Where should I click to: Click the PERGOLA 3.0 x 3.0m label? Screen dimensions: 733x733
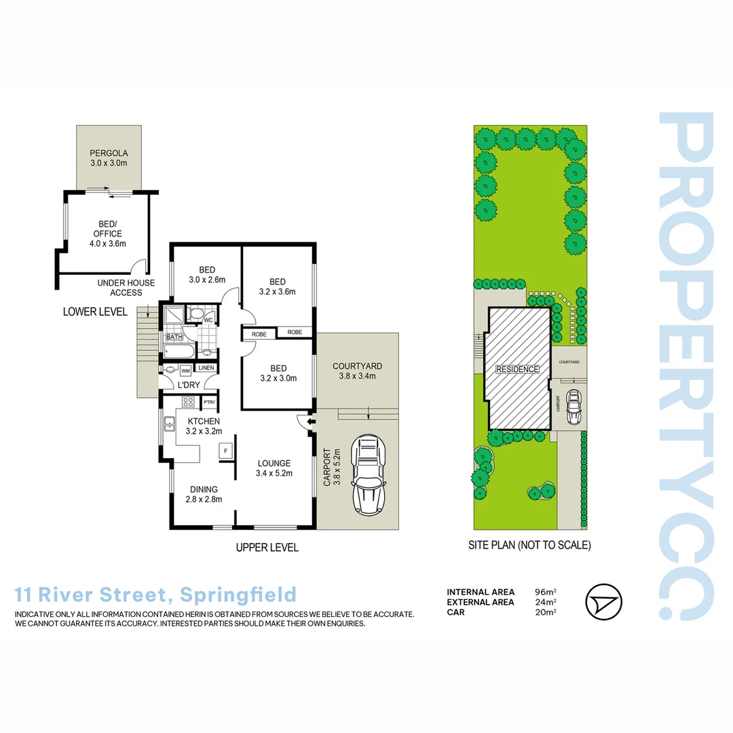(109, 158)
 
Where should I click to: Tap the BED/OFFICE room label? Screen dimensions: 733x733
(108, 233)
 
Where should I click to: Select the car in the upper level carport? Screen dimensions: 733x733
(369, 475)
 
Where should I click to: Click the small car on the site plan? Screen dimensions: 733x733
(574, 407)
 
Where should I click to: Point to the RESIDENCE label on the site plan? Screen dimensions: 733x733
(517, 369)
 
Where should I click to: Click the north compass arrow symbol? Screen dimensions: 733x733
(603, 601)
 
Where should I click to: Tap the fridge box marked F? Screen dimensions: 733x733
(226, 451)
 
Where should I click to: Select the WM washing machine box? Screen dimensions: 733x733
(185, 371)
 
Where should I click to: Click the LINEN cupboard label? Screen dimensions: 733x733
(206, 368)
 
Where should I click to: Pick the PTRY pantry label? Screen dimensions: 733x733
(210, 402)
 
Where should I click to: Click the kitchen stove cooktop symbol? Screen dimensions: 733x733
(189, 402)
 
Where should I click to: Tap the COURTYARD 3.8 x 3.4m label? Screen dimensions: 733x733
(358, 371)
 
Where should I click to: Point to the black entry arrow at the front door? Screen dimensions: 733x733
(311, 422)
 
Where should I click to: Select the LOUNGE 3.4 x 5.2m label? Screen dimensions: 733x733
(274, 468)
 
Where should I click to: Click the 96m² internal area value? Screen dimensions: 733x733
(546, 592)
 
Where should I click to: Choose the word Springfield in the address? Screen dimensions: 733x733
(238, 595)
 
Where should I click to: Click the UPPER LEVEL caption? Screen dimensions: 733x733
(267, 548)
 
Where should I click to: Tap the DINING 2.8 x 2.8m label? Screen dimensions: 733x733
(204, 495)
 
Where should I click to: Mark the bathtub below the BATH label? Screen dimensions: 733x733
(179, 350)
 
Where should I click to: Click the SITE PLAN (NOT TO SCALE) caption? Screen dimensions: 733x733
(529, 545)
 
